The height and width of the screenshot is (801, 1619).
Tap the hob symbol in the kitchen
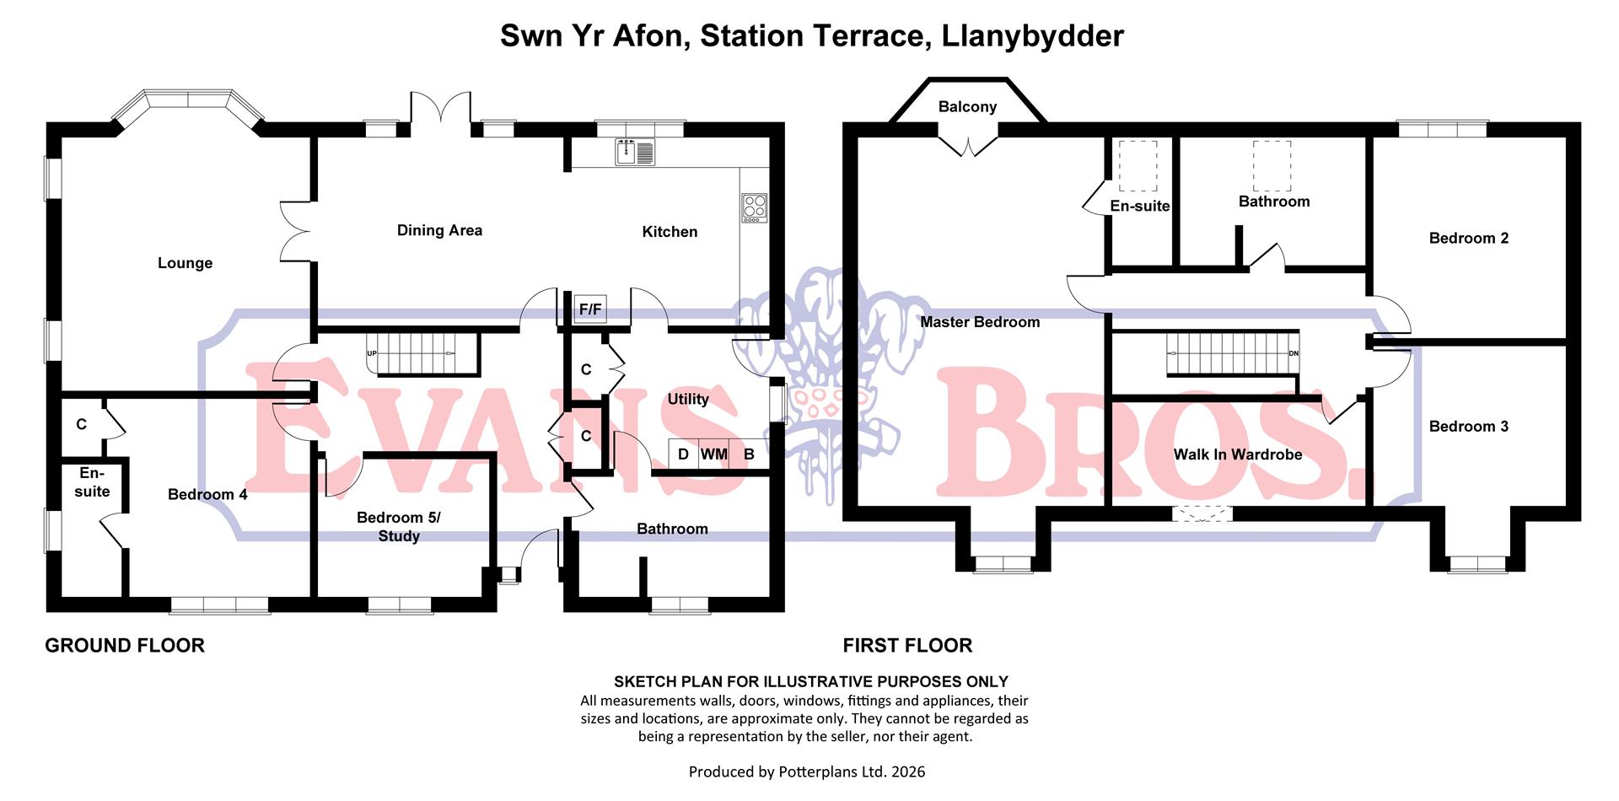pos(754,207)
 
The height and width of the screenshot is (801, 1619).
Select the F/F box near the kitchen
pos(590,309)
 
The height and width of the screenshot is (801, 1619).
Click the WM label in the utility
pos(713,454)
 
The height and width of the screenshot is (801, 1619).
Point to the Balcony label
pos(967,107)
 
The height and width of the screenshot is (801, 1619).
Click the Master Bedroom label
pos(980,322)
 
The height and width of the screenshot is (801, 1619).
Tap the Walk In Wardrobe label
pos(1238,454)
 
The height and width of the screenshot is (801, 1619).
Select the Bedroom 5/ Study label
pos(399,527)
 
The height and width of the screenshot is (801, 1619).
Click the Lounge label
pos(185,263)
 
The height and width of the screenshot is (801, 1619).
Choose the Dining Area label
pos(439,230)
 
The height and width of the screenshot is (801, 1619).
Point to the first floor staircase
pos(1231,353)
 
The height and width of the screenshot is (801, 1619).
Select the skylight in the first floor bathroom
pos(1272,166)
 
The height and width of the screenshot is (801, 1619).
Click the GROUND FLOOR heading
pos(125,646)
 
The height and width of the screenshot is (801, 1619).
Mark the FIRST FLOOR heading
pos(907,646)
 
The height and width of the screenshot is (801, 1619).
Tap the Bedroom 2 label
pos(1468,239)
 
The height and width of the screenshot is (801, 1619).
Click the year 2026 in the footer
pos(907,771)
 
